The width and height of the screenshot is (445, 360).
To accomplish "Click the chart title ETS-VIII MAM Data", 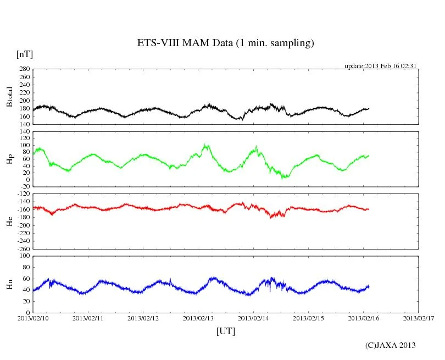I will (x=225, y=43).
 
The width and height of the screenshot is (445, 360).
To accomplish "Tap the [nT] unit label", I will (x=24, y=54).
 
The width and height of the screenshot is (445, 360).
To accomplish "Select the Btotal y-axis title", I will (x=9, y=97).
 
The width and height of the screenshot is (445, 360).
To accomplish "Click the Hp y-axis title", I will (x=9, y=159).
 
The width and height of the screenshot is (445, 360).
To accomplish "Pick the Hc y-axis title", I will (x=9, y=221).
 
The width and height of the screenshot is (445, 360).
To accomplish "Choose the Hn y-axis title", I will (x=9, y=284).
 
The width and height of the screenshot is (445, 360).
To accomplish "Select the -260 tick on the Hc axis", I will (x=22, y=248).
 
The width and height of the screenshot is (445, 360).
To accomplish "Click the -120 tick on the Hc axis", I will (x=22, y=194).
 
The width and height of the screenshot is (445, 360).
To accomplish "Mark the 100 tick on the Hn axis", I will (x=24, y=256).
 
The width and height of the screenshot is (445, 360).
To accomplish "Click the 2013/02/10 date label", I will (x=33, y=318).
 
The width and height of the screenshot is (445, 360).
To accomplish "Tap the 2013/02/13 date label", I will (x=198, y=318).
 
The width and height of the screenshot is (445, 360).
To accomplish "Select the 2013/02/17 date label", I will (x=419, y=318).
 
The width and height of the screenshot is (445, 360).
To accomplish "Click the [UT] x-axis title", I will (x=226, y=331).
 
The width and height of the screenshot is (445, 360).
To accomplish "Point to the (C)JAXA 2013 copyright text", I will (x=390, y=345).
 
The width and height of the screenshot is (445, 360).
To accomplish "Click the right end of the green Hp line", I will (x=369, y=156).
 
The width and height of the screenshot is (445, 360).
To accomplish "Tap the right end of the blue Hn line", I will (x=369, y=286).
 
